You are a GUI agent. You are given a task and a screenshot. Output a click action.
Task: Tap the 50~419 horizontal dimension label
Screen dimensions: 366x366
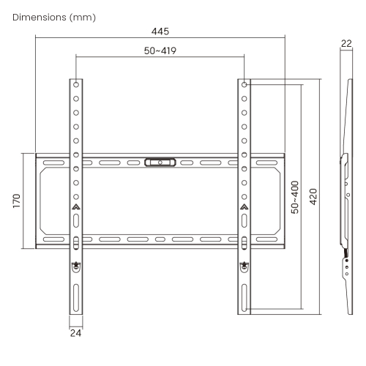tap(160, 51)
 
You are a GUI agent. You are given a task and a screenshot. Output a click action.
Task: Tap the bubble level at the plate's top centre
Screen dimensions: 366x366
tap(160, 163)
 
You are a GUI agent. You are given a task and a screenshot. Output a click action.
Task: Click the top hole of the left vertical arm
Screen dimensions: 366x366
tap(76, 85)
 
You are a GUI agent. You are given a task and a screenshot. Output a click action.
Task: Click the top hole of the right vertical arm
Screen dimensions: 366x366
tap(244, 85)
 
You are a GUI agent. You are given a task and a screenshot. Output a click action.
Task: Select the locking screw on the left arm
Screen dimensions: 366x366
tap(76, 266)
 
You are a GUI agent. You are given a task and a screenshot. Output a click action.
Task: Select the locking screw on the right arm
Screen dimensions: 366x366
tap(244, 266)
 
